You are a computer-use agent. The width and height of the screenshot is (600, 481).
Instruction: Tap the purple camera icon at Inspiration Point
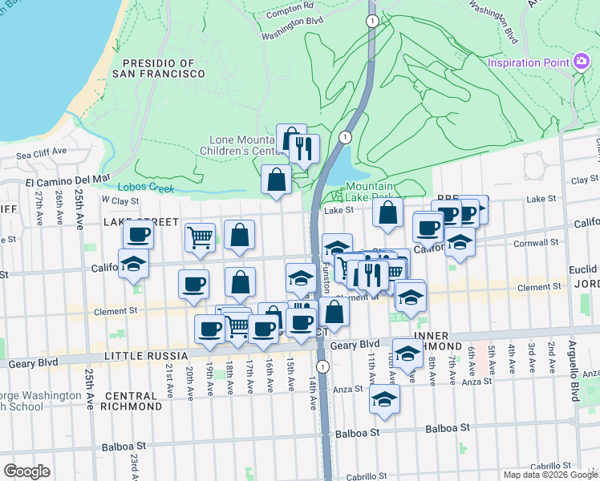pyautogui.click(x=582, y=62)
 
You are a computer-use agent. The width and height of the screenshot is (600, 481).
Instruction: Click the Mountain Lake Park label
pyautogui.click(x=370, y=192)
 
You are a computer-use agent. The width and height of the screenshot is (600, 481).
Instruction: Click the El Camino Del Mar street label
pyautogui.click(x=67, y=180)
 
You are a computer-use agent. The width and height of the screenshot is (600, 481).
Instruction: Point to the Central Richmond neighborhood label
pyautogui.click(x=130, y=402)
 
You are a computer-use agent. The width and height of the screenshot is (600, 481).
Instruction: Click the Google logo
pyautogui.click(x=26, y=471)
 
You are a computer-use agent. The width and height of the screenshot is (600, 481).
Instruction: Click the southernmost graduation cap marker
pyautogui.click(x=385, y=398)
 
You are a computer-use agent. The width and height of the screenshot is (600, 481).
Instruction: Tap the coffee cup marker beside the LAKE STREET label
pyautogui.click(x=138, y=234)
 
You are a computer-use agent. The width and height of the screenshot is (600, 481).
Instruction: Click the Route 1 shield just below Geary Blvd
pyautogui.click(x=322, y=366)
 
